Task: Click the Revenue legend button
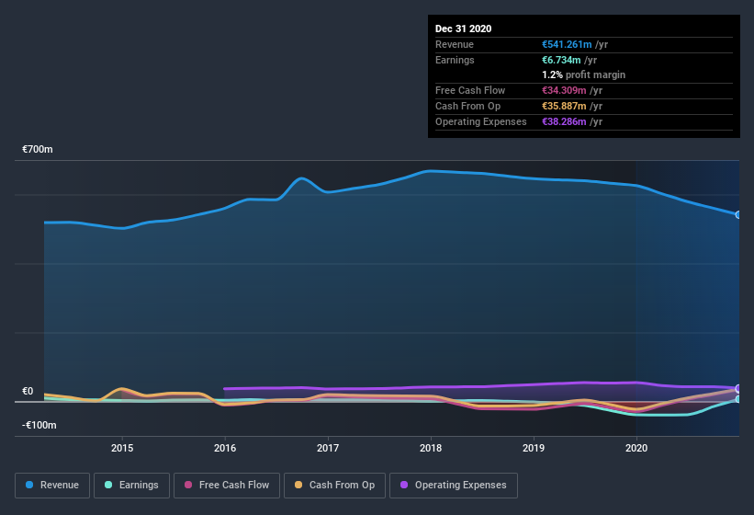click(52, 485)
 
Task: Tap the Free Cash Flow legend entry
click(228, 485)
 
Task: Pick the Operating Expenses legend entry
click(454, 485)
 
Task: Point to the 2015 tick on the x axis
click(122, 448)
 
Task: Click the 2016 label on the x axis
click(225, 448)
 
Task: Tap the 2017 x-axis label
click(328, 448)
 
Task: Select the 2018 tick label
click(431, 448)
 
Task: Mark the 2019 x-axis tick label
click(534, 448)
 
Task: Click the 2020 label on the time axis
click(636, 448)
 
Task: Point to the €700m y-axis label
click(38, 149)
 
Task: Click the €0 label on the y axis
click(28, 391)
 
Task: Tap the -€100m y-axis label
click(39, 425)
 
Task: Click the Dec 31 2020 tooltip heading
click(463, 29)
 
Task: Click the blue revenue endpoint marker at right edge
click(738, 214)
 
